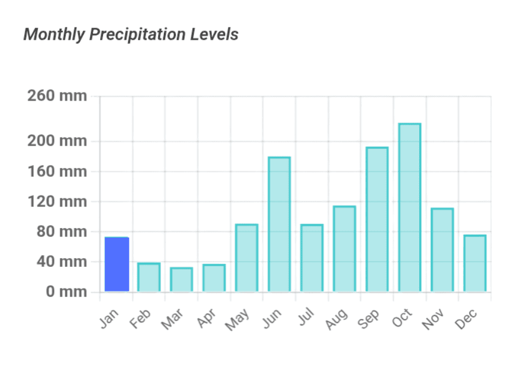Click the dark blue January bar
116,264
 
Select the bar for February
149,277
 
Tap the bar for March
181,280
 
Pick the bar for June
279,224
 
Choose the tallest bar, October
410,208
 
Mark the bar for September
377,219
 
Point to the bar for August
344,249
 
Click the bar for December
475,263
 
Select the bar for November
442,250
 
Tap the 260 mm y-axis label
57,96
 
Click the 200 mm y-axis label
57,142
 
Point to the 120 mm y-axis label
57,202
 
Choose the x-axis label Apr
207,318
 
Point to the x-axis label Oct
402,318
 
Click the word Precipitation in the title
138,35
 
